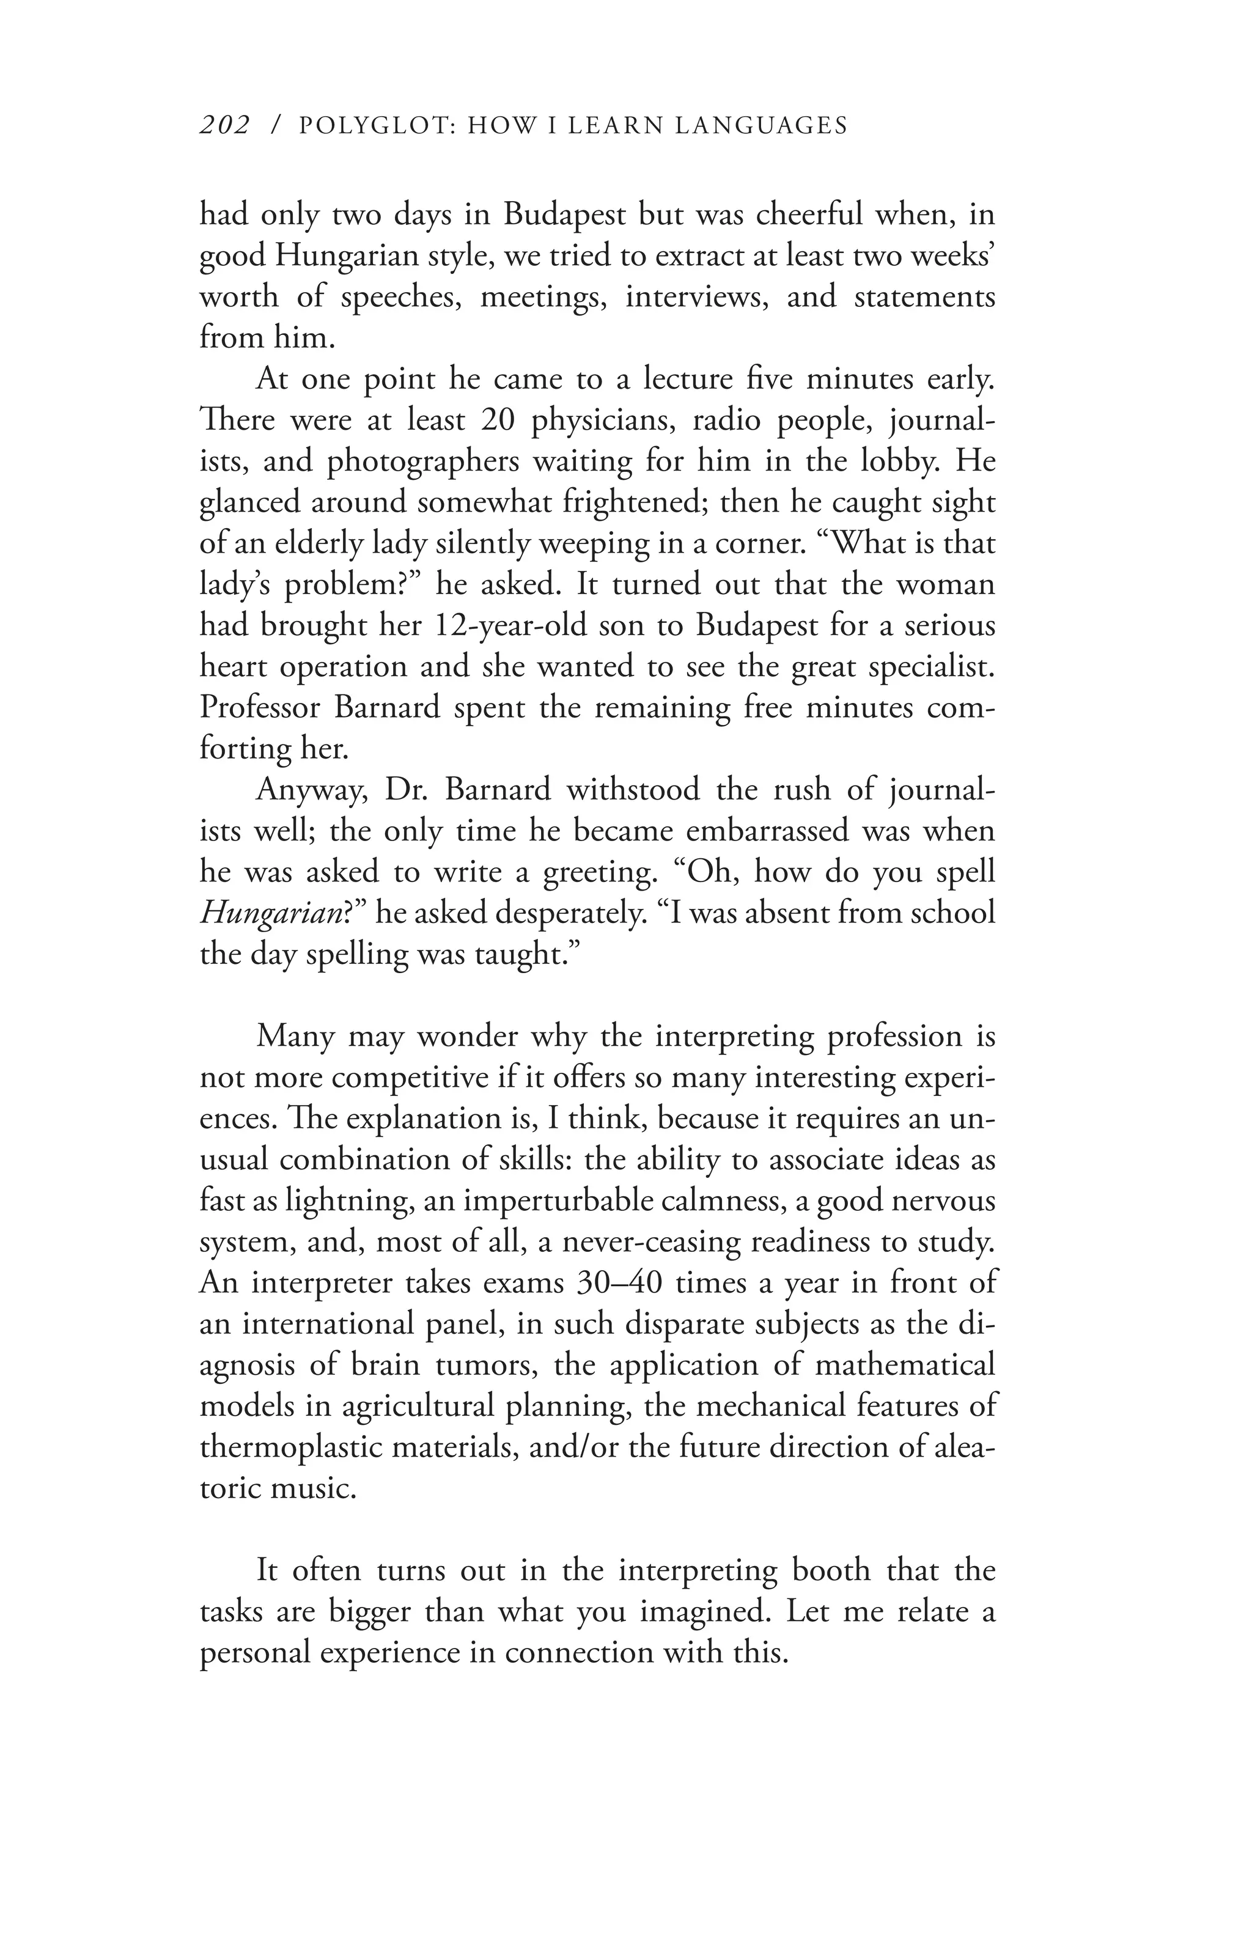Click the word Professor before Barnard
[260, 707]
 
